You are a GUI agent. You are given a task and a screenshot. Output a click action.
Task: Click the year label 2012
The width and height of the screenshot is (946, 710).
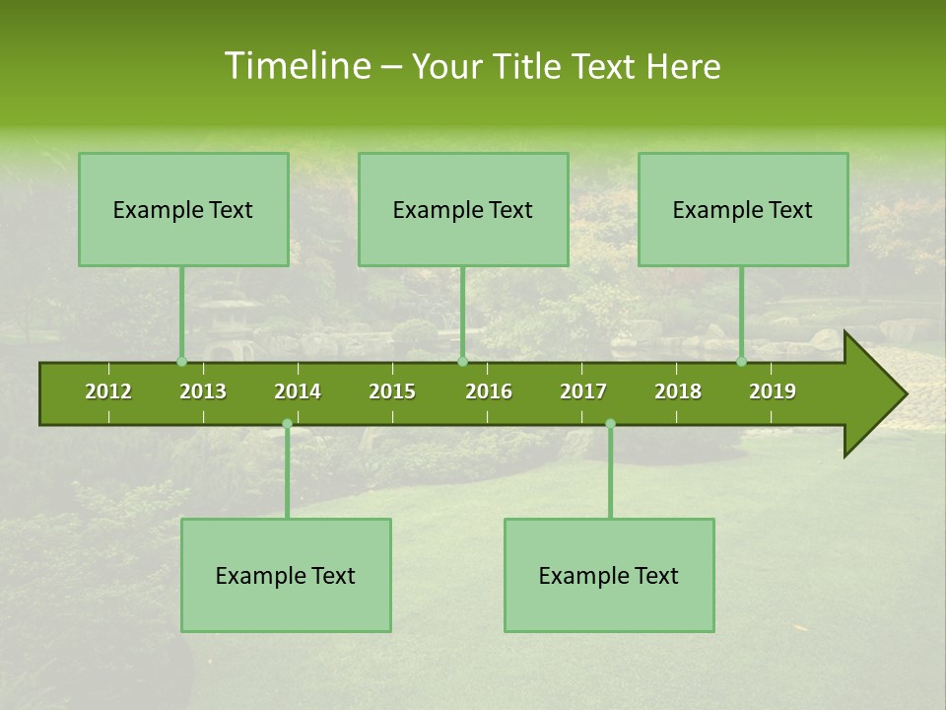pyautogui.click(x=108, y=391)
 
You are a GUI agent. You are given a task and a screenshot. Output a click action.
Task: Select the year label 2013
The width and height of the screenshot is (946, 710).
pyautogui.click(x=203, y=391)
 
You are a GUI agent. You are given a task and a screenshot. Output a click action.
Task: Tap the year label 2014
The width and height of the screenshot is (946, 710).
pyautogui.click(x=298, y=391)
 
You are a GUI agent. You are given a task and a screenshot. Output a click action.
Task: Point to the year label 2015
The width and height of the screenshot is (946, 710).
pyautogui.click(x=392, y=391)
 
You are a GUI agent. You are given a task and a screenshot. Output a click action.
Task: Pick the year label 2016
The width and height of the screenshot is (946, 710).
pyautogui.click(x=489, y=391)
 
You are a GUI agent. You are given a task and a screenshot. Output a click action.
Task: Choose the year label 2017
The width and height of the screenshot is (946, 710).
pyautogui.click(x=583, y=391)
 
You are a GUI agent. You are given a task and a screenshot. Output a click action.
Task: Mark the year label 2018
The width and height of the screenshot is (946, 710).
pyautogui.click(x=678, y=391)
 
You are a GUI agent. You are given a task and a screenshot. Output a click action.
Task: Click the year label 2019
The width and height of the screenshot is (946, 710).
pyautogui.click(x=773, y=391)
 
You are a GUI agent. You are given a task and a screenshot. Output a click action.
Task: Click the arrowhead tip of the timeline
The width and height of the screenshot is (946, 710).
pyautogui.click(x=904, y=394)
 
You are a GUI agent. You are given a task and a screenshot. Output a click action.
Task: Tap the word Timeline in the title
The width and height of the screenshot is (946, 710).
pyautogui.click(x=297, y=66)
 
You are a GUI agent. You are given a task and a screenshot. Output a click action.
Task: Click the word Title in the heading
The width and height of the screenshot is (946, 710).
pyautogui.click(x=533, y=66)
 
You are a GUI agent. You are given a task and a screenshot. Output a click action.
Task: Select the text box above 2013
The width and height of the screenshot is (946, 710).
pyautogui.click(x=183, y=209)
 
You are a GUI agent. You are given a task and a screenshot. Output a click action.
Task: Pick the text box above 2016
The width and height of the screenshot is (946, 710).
pyautogui.click(x=463, y=209)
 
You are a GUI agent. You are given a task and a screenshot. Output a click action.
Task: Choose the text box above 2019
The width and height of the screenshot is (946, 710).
pyautogui.click(x=743, y=209)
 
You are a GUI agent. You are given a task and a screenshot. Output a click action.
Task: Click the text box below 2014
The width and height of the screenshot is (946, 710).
pyautogui.click(x=286, y=575)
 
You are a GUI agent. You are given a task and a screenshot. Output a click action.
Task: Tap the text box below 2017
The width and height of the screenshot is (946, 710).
pyautogui.click(x=609, y=575)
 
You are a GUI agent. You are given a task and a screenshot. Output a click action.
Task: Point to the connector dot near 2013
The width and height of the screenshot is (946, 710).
pyautogui.click(x=181, y=362)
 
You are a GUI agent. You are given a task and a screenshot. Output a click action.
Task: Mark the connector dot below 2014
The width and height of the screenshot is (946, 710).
pyautogui.click(x=287, y=424)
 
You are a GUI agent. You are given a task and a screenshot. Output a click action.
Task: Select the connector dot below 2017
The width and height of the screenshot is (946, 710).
pyautogui.click(x=610, y=424)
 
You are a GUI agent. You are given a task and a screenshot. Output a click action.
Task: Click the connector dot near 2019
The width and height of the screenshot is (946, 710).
pyautogui.click(x=741, y=362)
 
